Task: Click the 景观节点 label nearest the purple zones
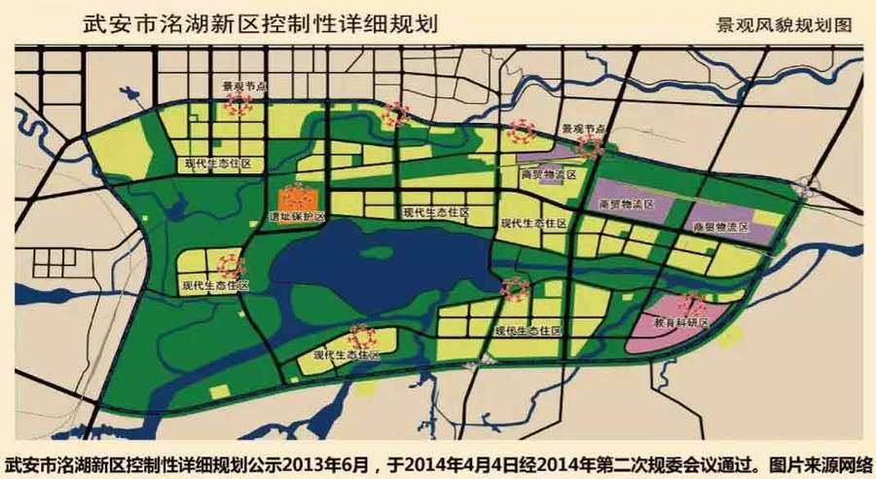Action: click(x=584, y=129)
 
